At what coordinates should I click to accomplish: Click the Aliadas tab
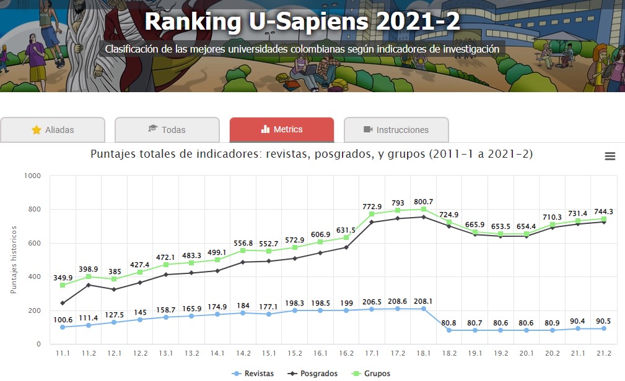click(53, 130)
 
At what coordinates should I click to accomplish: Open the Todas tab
click(167, 130)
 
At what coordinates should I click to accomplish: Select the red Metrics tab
click(282, 130)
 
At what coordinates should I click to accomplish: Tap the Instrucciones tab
click(396, 130)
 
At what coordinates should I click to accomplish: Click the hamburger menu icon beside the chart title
click(610, 156)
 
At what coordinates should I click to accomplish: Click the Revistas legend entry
click(253, 374)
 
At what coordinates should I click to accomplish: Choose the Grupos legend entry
click(372, 374)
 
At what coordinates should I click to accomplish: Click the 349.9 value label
click(63, 278)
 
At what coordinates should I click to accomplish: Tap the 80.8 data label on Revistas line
click(449, 322)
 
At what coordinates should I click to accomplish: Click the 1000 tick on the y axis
click(32, 176)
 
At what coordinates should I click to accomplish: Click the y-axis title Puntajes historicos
click(14, 260)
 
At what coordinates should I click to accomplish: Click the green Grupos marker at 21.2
click(604, 219)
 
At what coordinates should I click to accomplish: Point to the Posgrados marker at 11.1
click(63, 303)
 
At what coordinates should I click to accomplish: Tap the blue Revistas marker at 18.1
click(424, 309)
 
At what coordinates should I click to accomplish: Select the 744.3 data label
click(603, 212)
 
